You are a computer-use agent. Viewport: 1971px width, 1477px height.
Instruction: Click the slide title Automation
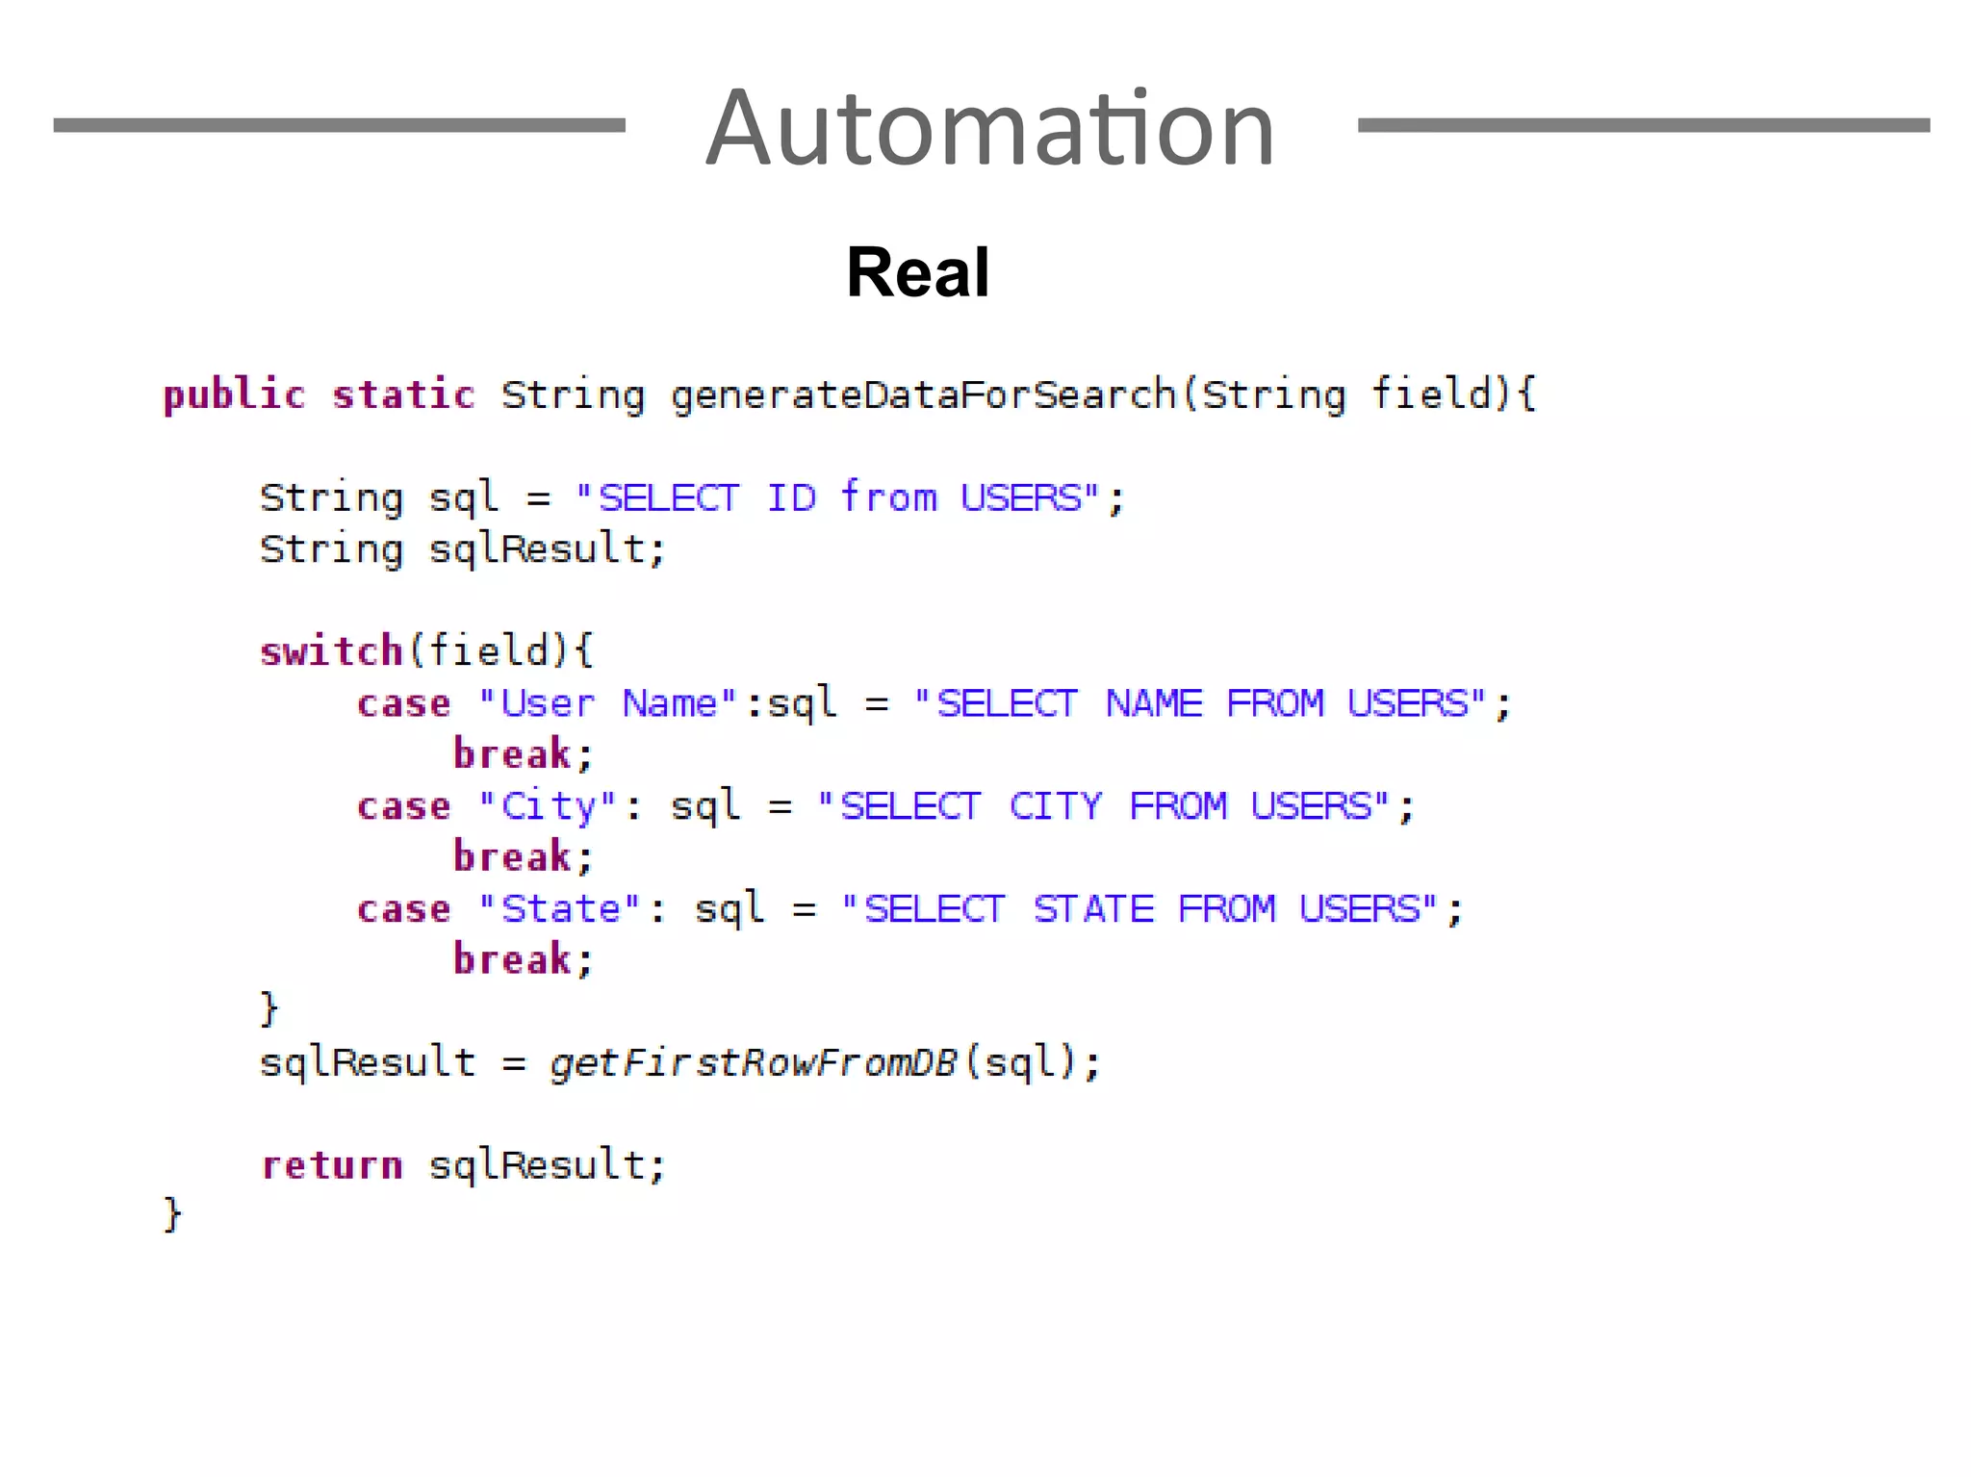[x=990, y=128]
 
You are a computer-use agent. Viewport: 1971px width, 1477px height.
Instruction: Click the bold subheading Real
[x=917, y=272]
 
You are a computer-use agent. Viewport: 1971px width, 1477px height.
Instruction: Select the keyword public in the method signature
[x=234, y=395]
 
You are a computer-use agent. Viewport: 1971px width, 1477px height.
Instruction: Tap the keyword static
[x=403, y=395]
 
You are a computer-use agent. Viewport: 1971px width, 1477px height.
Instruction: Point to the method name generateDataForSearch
[x=923, y=395]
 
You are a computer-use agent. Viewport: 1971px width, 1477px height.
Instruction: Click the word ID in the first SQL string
[x=791, y=498]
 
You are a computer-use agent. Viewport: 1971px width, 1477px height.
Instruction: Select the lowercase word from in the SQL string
[x=888, y=498]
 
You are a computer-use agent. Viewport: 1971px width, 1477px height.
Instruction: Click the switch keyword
[x=331, y=651]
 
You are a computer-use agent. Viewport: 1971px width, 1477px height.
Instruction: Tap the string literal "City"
[x=547, y=806]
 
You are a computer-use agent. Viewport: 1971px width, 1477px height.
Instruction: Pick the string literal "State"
[x=559, y=909]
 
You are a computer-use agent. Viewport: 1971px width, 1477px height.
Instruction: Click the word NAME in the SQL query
[x=1154, y=703]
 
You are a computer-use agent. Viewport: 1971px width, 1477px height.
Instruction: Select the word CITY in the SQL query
[x=1056, y=806]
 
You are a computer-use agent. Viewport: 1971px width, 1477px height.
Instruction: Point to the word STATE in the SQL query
[x=1093, y=909]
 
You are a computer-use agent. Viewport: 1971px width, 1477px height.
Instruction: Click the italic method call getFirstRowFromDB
[x=754, y=1063]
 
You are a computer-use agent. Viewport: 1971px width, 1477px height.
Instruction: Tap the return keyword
[x=332, y=1166]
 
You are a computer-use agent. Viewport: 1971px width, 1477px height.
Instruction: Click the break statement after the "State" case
[x=513, y=960]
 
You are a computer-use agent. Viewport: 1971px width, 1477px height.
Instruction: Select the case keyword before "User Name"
[x=404, y=703]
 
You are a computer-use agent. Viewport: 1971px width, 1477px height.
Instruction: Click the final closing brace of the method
[x=172, y=1214]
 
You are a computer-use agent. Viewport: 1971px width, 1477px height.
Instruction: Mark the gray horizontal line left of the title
[x=339, y=125]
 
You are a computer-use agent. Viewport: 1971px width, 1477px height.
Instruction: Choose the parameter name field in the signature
[x=1431, y=395]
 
